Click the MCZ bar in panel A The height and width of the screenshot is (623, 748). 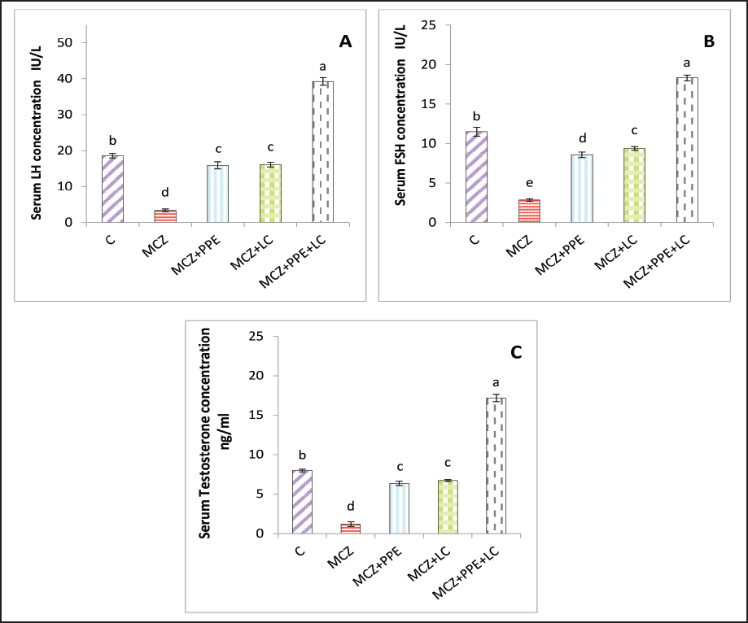(165, 216)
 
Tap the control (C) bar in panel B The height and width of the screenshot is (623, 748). (475, 177)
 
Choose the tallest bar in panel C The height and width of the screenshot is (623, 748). (496, 465)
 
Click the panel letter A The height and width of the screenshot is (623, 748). (345, 43)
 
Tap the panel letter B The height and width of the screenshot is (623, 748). (709, 40)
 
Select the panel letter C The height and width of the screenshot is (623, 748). (515, 352)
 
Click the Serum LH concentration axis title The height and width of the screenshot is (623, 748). (37, 132)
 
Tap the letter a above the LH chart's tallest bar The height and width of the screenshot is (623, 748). (323, 66)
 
